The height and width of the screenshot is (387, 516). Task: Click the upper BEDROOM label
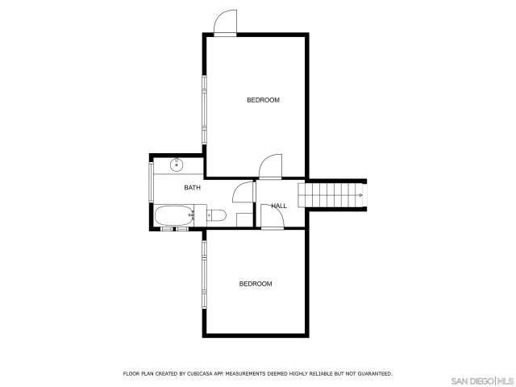tap(263, 100)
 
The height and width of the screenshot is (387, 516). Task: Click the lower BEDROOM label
tap(256, 284)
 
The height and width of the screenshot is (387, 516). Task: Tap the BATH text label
tap(192, 188)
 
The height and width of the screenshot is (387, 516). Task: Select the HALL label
tap(279, 206)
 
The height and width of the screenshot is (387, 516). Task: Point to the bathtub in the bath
tap(173, 215)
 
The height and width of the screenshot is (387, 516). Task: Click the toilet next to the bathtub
tap(214, 214)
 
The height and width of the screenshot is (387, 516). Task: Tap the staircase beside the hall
tap(331, 193)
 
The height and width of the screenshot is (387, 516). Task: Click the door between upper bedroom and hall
tap(270, 166)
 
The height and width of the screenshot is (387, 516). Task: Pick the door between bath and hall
tap(243, 193)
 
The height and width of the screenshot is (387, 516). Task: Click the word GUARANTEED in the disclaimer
tap(374, 374)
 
